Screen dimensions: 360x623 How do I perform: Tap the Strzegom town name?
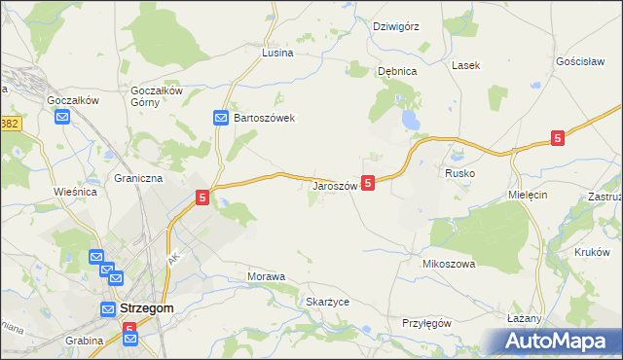(148, 308)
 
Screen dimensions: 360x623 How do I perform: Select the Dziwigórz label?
(396, 26)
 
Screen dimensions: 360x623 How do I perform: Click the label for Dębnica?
(397, 71)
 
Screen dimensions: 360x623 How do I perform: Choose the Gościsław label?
(581, 60)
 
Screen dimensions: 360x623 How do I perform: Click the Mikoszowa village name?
(448, 264)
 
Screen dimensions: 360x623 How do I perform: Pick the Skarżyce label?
(327, 302)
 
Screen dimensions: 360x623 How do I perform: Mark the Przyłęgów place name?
(427, 323)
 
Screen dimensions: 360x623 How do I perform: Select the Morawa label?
(266, 277)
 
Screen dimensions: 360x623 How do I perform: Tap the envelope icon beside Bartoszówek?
(221, 118)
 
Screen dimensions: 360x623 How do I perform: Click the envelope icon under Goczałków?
(63, 118)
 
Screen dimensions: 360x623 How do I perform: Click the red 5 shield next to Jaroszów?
(368, 182)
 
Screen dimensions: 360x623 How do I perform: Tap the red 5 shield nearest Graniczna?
(202, 198)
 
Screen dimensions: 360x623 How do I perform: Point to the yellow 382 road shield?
(10, 124)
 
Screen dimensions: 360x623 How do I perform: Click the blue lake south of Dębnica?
(411, 120)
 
